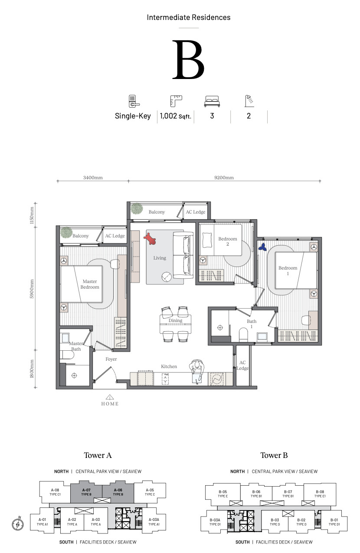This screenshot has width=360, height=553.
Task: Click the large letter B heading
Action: (188, 59)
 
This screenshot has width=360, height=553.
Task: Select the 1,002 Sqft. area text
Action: (175, 116)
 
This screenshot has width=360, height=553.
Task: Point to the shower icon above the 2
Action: (249, 101)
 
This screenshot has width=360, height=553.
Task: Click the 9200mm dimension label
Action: (224, 178)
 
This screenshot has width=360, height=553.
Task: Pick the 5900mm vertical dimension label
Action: (32, 289)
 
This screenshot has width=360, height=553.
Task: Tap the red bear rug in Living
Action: (150, 238)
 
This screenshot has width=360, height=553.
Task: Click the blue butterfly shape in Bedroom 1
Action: (262, 247)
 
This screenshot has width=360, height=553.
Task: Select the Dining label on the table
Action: (175, 320)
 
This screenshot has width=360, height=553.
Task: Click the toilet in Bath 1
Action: (243, 335)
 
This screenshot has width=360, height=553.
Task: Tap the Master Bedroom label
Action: (90, 284)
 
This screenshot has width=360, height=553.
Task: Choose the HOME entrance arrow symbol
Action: (110, 397)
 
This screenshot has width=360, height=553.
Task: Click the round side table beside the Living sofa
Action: (167, 277)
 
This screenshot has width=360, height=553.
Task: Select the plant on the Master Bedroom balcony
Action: (66, 233)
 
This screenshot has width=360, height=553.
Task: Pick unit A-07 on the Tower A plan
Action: (86, 492)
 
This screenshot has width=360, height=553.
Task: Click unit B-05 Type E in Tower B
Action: (223, 494)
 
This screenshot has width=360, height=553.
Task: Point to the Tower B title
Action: (274, 455)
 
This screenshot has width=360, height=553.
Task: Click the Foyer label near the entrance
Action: (111, 359)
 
